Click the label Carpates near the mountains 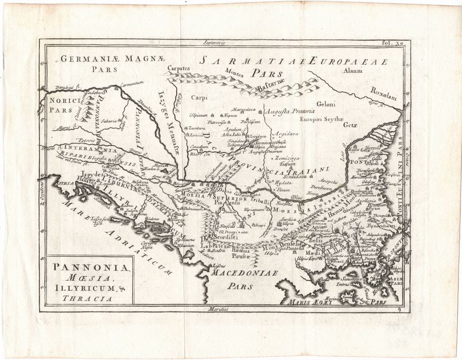pos(180,68)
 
